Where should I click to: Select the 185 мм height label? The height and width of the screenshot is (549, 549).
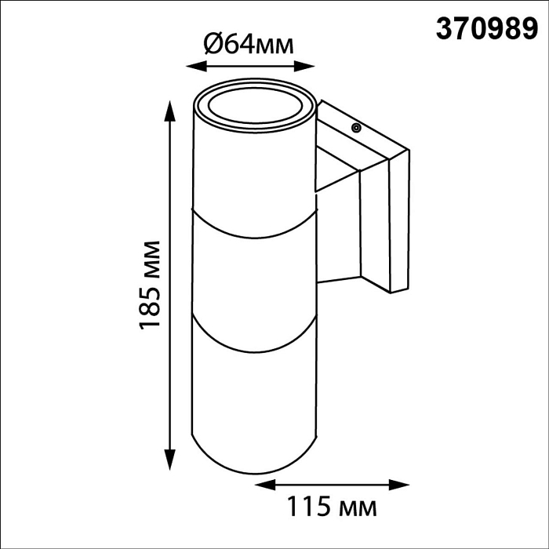151,284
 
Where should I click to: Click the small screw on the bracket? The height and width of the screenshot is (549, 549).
355,126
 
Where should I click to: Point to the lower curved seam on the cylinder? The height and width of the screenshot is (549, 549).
255,346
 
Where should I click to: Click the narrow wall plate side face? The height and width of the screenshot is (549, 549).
399,224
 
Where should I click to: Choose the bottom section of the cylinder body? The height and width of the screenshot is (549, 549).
255,400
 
